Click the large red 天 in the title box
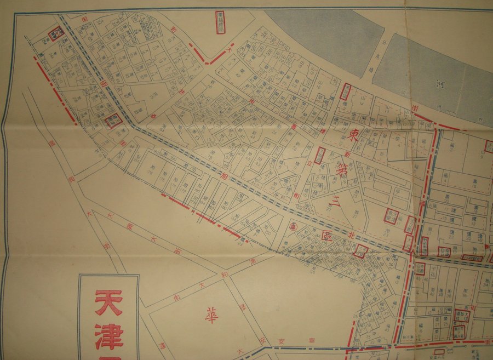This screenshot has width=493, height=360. click(108, 302)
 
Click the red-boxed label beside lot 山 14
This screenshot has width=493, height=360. click(346, 92)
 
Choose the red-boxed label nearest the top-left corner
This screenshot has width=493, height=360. click(56, 34)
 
